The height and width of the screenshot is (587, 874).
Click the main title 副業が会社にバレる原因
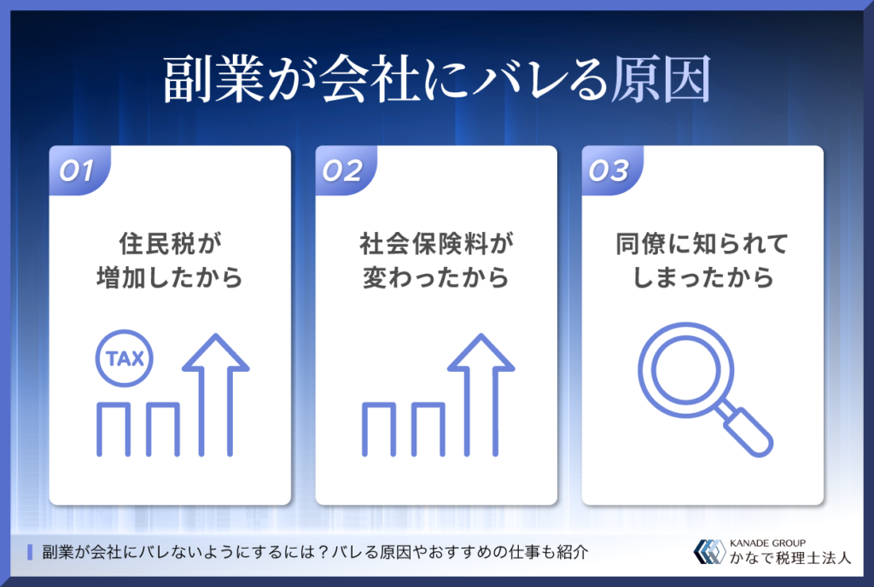[x=437, y=78]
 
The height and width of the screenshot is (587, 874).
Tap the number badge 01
[x=77, y=171]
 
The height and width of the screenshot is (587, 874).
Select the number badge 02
[x=342, y=171]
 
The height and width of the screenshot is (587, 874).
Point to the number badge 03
[x=609, y=171]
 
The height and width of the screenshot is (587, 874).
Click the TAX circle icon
[x=125, y=358]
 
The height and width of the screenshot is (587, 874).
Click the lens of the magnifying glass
[x=685, y=369]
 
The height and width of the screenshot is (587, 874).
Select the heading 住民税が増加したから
[x=170, y=260]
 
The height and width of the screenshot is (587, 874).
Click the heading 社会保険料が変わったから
[x=436, y=260]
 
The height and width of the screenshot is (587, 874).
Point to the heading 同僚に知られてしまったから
[x=702, y=260]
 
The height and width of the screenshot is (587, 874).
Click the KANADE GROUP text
[x=767, y=543]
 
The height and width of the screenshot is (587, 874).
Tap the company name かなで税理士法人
[x=790, y=558]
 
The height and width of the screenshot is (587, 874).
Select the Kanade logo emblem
[x=709, y=551]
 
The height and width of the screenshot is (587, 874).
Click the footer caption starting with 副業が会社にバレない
[x=316, y=553]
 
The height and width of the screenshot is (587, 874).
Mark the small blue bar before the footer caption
[x=30, y=553]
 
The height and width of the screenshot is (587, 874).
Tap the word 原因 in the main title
[x=661, y=78]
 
